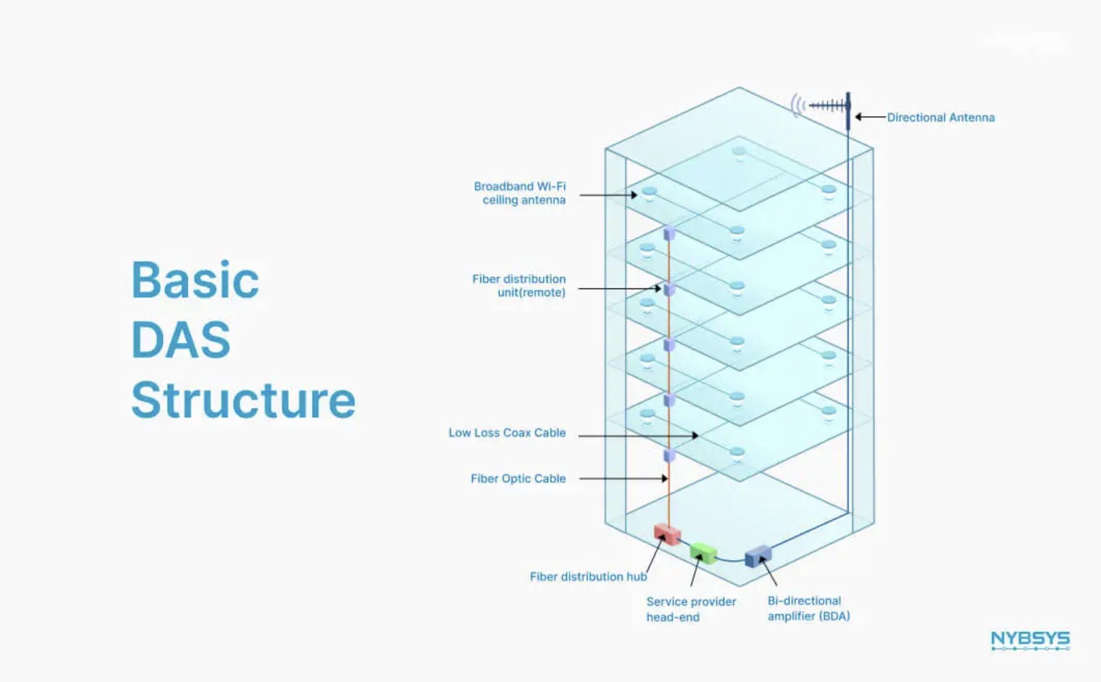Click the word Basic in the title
point(195,280)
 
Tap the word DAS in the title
point(181,340)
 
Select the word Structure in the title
point(243,400)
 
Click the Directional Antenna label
point(940,117)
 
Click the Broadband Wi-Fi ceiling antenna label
point(519,193)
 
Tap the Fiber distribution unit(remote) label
point(519,286)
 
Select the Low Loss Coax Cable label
point(507,433)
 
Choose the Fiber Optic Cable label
point(518,479)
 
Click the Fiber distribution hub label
point(588,576)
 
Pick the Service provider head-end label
point(691,609)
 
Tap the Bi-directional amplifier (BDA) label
point(808,609)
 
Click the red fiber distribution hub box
point(667,534)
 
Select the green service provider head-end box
point(703,553)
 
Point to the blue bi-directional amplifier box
point(758,556)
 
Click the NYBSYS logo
point(1030,640)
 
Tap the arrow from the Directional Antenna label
point(870,117)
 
